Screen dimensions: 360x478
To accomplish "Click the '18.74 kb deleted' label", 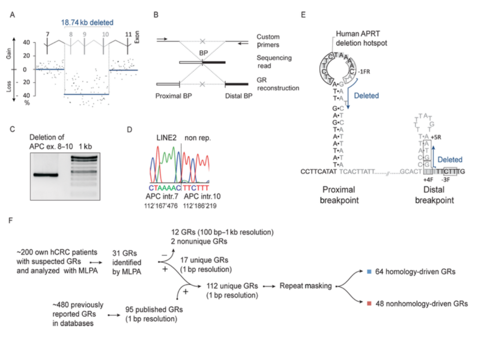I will point(87,22).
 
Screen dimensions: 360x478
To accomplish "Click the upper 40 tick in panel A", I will point(25,43).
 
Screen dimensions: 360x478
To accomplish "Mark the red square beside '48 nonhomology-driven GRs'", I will point(369,303).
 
